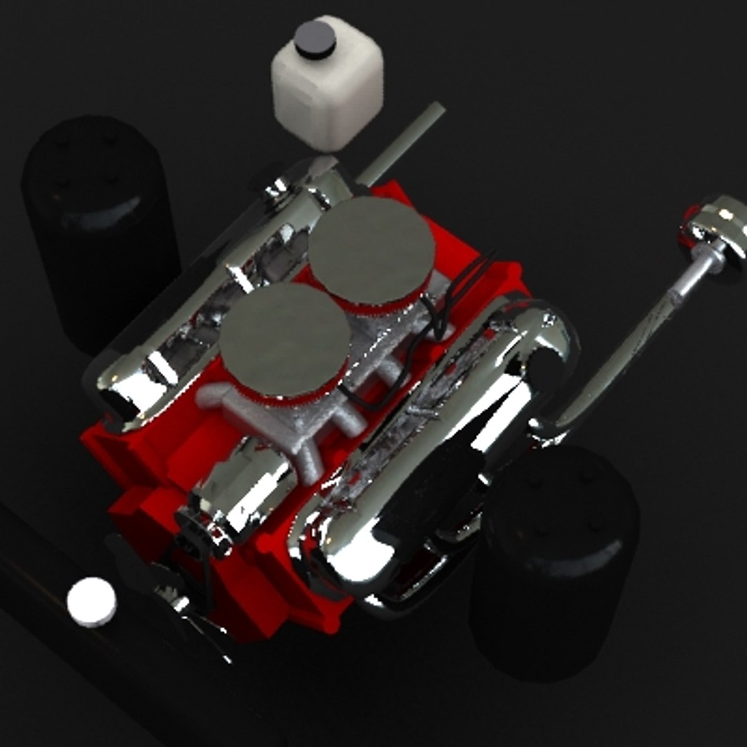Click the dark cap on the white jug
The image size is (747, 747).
(x=315, y=38)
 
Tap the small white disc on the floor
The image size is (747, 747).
(x=91, y=601)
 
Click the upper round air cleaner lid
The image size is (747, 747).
(x=371, y=249)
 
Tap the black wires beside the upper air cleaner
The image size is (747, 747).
(x=443, y=304)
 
